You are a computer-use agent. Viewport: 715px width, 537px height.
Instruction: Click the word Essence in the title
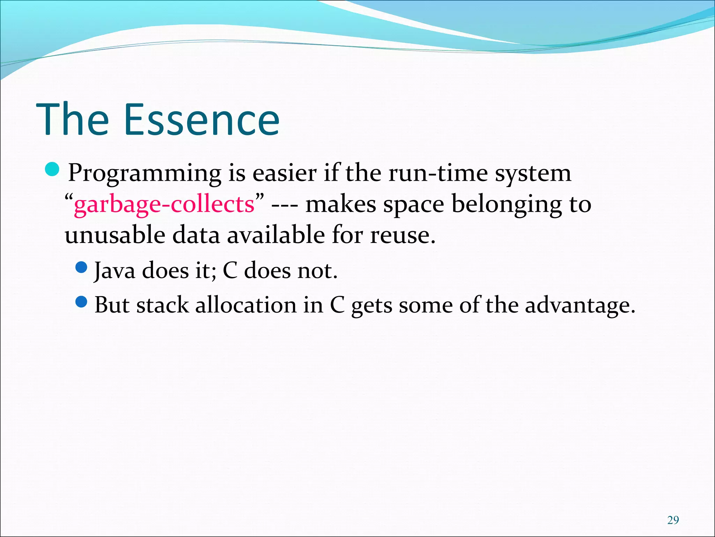pos(201,120)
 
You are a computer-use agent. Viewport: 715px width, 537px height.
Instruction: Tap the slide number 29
pos(673,520)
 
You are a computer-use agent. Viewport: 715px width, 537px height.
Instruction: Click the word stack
pos(162,305)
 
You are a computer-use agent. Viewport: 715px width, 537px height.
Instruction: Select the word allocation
pos(246,305)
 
